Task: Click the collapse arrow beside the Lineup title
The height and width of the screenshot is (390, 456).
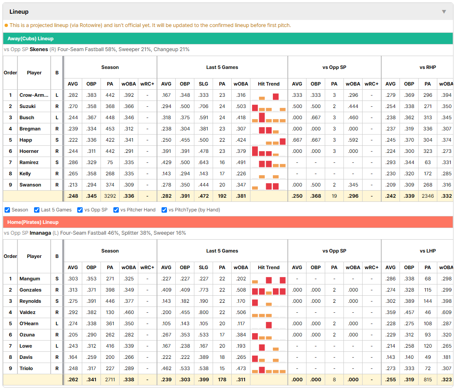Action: click(x=444, y=12)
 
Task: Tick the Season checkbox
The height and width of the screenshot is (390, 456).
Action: click(x=7, y=210)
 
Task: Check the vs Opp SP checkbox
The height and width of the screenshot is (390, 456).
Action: click(x=80, y=210)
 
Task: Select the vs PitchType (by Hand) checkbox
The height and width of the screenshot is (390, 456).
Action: click(x=164, y=210)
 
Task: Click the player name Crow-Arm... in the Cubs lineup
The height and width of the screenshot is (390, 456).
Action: click(x=34, y=95)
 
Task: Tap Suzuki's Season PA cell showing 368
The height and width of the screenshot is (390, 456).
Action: click(x=110, y=106)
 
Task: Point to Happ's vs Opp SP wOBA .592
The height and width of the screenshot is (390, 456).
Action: click(x=353, y=140)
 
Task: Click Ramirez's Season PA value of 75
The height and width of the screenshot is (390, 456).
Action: click(x=110, y=162)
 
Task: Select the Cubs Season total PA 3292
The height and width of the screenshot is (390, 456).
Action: click(x=110, y=196)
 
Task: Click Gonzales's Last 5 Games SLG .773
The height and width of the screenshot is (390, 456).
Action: click(x=203, y=290)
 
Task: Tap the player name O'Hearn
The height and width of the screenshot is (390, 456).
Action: click(x=29, y=324)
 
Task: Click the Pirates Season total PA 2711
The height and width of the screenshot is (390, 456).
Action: click(x=110, y=380)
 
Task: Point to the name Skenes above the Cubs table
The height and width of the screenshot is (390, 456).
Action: click(x=39, y=49)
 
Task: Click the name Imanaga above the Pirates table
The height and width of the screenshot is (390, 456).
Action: click(x=40, y=233)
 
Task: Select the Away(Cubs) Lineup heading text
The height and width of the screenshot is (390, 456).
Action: click(x=31, y=39)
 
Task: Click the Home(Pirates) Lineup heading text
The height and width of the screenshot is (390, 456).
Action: click(x=33, y=222)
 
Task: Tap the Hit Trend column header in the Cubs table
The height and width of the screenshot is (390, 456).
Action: click(x=269, y=84)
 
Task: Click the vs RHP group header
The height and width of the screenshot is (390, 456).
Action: click(x=427, y=67)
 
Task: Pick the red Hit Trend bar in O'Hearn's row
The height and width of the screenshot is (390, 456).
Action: click(x=269, y=325)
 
